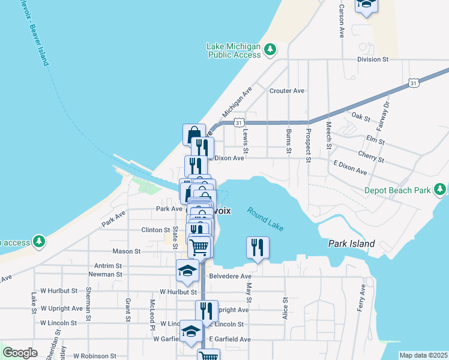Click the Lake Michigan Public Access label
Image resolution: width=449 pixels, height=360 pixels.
coord(234,50)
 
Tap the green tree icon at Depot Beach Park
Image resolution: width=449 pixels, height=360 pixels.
coord(441,190)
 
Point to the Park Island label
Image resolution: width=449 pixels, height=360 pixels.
coord(351,244)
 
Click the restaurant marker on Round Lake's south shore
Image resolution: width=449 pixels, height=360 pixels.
coord(258,248)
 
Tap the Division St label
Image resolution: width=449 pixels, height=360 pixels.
coord(373,60)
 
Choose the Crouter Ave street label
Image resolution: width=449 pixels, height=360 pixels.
coord(287,91)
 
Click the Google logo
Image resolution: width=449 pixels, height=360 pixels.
coord(20,353)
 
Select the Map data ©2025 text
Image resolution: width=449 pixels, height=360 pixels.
coord(423,355)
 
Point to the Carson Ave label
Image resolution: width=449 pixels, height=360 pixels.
coord(341,21)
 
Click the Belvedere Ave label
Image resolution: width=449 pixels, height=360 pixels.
coord(231,277)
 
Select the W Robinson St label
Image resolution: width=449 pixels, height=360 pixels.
coord(73,356)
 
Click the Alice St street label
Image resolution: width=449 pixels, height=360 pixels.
coord(285,308)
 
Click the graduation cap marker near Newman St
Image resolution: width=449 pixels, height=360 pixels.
coord(187,271)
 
